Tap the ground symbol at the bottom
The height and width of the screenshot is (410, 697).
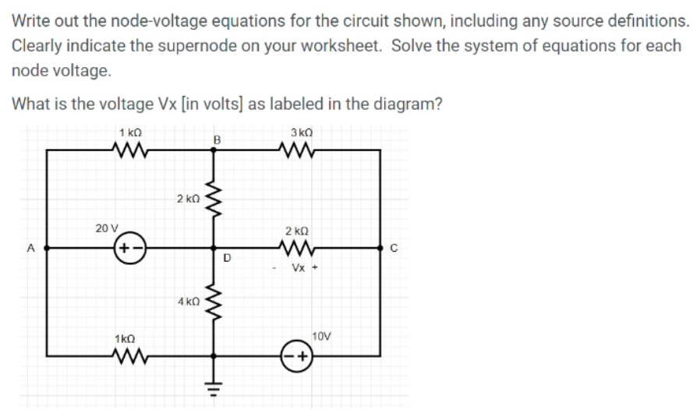pos(210,387)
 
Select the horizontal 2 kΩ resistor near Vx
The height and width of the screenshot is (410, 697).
pos(299,249)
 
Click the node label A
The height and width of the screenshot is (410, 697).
pos(31,249)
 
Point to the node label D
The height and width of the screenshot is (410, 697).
pos(227,258)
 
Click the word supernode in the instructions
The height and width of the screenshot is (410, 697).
pos(181,45)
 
